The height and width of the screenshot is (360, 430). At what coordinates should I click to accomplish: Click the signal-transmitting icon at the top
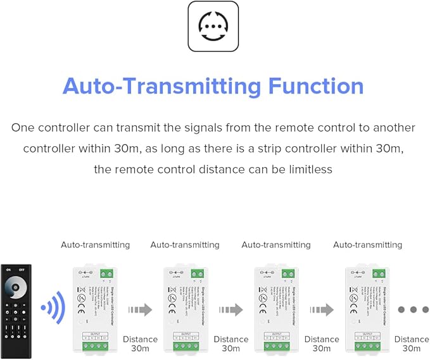click(x=213, y=26)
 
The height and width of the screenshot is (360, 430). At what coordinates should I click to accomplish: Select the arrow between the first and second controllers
click(x=140, y=310)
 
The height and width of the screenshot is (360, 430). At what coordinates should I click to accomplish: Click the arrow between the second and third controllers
click(x=231, y=310)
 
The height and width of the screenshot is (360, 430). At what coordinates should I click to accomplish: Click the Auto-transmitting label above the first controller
click(x=95, y=245)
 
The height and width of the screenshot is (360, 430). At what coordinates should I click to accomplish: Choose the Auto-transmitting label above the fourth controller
click(x=367, y=245)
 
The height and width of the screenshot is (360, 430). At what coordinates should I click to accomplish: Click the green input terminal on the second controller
click(x=197, y=273)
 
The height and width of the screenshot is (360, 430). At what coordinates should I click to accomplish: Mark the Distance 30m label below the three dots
click(x=412, y=344)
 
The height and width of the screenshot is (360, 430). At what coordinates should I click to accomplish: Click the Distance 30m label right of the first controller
click(x=140, y=344)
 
